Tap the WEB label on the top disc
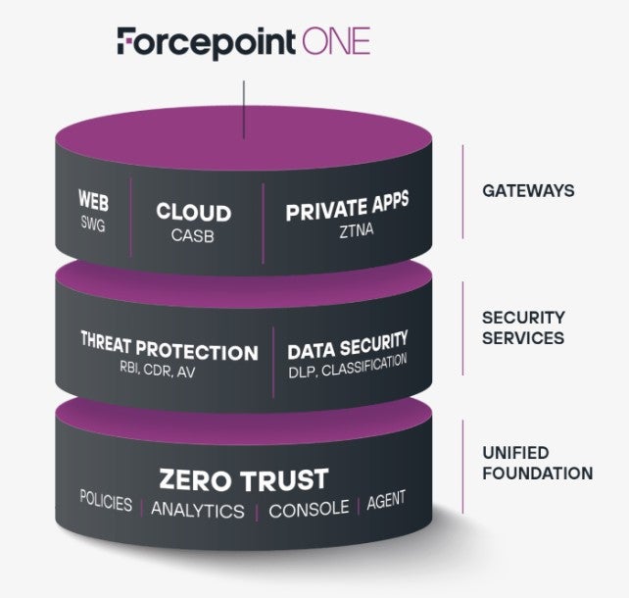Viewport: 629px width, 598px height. point(94,206)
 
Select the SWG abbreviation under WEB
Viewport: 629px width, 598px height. point(94,225)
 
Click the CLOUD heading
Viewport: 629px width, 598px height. point(193,213)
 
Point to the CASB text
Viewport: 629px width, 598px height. point(193,235)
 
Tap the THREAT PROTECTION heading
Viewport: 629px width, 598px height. point(169,351)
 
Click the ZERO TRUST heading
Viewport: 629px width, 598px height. point(244,479)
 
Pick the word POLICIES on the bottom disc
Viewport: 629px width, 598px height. point(106,502)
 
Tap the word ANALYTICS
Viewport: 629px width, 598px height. point(198,510)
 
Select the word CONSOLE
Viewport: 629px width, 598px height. point(309,509)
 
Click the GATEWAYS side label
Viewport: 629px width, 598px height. point(528,190)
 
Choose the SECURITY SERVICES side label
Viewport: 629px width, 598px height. point(523,327)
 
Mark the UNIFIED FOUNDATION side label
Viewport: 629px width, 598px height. point(537,463)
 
